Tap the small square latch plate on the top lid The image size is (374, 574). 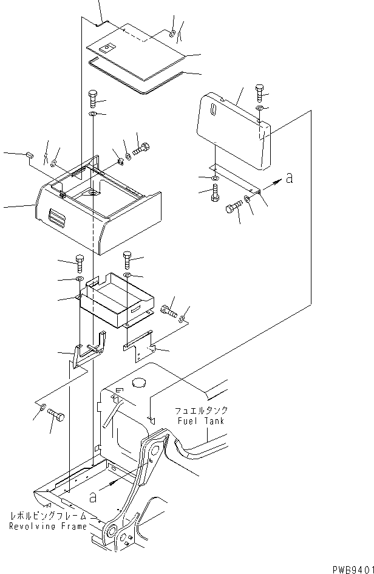point(107,47)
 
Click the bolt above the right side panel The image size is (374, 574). point(259,91)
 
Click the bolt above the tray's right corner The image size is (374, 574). point(127,259)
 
